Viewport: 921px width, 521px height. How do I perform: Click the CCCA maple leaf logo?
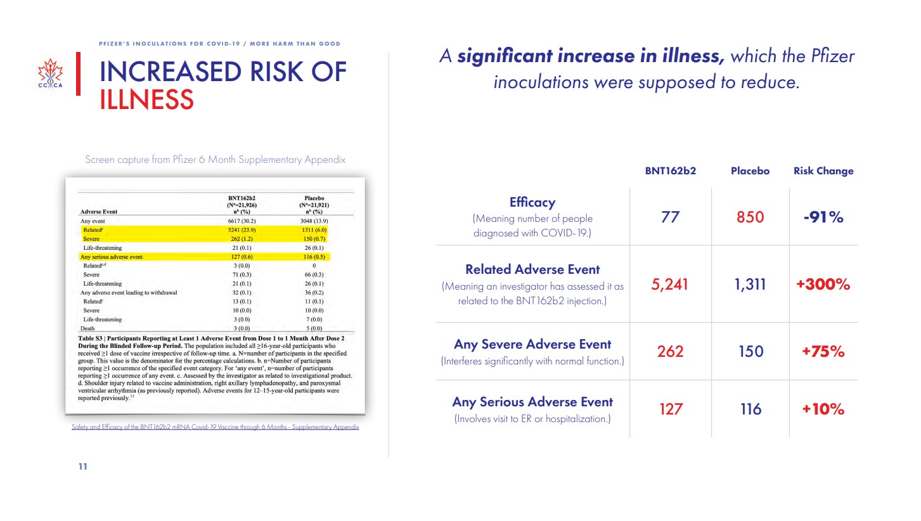tap(51, 74)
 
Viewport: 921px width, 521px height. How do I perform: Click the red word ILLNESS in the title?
tap(147, 100)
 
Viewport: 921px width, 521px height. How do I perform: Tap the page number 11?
tap(82, 466)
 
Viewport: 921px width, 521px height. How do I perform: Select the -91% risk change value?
tap(823, 217)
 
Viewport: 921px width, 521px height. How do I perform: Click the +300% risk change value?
tap(823, 284)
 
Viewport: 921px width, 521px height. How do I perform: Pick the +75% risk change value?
tap(823, 351)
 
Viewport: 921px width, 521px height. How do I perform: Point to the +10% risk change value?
tap(823, 409)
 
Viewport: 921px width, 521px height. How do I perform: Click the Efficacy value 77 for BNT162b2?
tap(670, 217)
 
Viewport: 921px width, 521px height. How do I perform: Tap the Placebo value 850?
tap(750, 217)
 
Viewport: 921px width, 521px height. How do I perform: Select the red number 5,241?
tap(670, 285)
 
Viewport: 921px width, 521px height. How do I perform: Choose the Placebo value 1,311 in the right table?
tap(750, 285)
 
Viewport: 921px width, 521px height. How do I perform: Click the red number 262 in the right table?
tap(670, 351)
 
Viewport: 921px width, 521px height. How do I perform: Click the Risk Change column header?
tap(823, 170)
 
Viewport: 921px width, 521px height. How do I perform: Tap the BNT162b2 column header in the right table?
tap(671, 170)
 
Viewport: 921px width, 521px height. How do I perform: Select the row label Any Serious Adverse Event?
tap(532, 402)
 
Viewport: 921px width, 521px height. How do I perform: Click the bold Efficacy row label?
tap(532, 202)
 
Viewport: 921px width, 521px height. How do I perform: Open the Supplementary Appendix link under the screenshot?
tap(215, 427)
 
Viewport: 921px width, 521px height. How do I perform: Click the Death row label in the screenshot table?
tap(87, 328)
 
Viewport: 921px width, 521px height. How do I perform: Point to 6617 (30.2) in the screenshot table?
tap(242, 221)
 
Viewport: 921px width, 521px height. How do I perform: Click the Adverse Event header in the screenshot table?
tap(99, 212)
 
